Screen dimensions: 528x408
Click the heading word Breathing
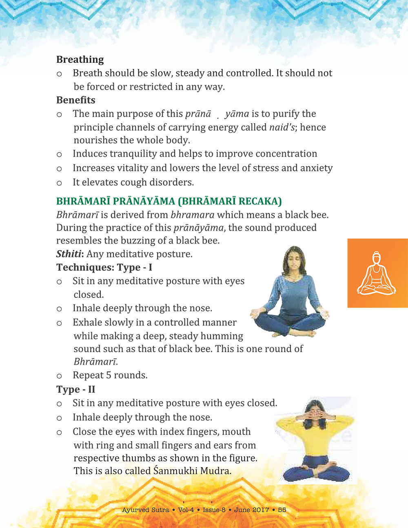[80, 60]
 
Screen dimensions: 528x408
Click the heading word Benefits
[76, 100]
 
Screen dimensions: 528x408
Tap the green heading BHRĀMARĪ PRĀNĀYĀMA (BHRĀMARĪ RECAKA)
[169, 201]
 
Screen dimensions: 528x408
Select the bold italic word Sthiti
[69, 254]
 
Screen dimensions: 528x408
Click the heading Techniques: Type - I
[104, 267]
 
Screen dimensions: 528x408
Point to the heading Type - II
[75, 389]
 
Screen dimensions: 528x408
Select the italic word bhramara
[192, 215]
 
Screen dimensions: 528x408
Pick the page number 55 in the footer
[282, 510]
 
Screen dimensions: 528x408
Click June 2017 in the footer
[251, 510]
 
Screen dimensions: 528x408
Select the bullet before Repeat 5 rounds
[59, 376]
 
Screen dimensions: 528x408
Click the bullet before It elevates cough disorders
[59, 183]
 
